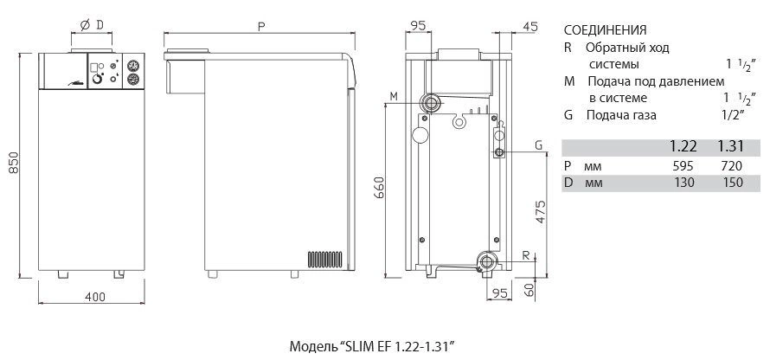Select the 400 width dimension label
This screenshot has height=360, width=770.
95,297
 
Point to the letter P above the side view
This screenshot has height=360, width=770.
260,27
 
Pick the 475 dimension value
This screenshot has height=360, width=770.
540,212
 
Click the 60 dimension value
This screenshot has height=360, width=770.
529,288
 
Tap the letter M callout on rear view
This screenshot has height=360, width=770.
394,97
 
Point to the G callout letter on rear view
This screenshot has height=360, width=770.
538,145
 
